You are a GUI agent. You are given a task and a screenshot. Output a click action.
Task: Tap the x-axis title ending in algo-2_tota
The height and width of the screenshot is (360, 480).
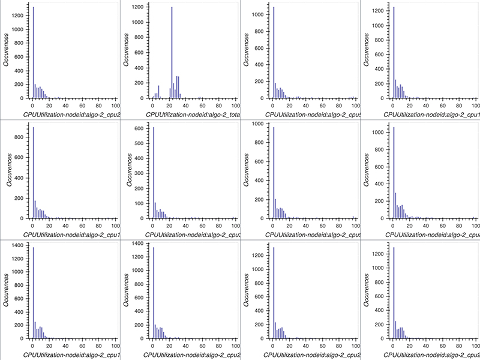(x=190, y=113)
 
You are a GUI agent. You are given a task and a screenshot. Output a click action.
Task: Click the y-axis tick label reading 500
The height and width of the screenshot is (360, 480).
(x=138, y=143)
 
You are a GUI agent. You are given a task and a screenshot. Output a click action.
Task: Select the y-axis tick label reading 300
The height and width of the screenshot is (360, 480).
(x=138, y=173)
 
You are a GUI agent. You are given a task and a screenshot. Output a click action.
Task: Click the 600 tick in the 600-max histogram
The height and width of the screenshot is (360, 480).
(x=138, y=128)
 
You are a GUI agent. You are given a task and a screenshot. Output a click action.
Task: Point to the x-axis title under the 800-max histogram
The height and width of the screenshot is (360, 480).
(x=72, y=233)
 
